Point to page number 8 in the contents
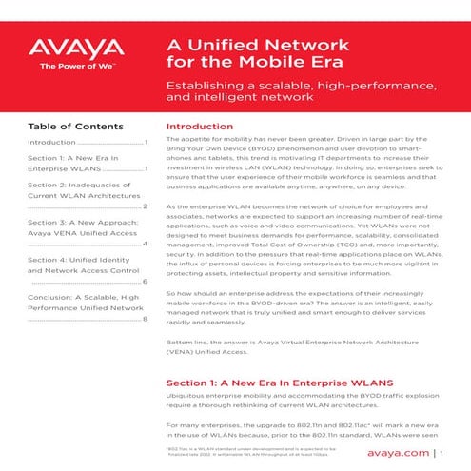point(145,345)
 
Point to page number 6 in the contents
point(145,282)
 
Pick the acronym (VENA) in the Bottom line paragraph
point(180,351)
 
